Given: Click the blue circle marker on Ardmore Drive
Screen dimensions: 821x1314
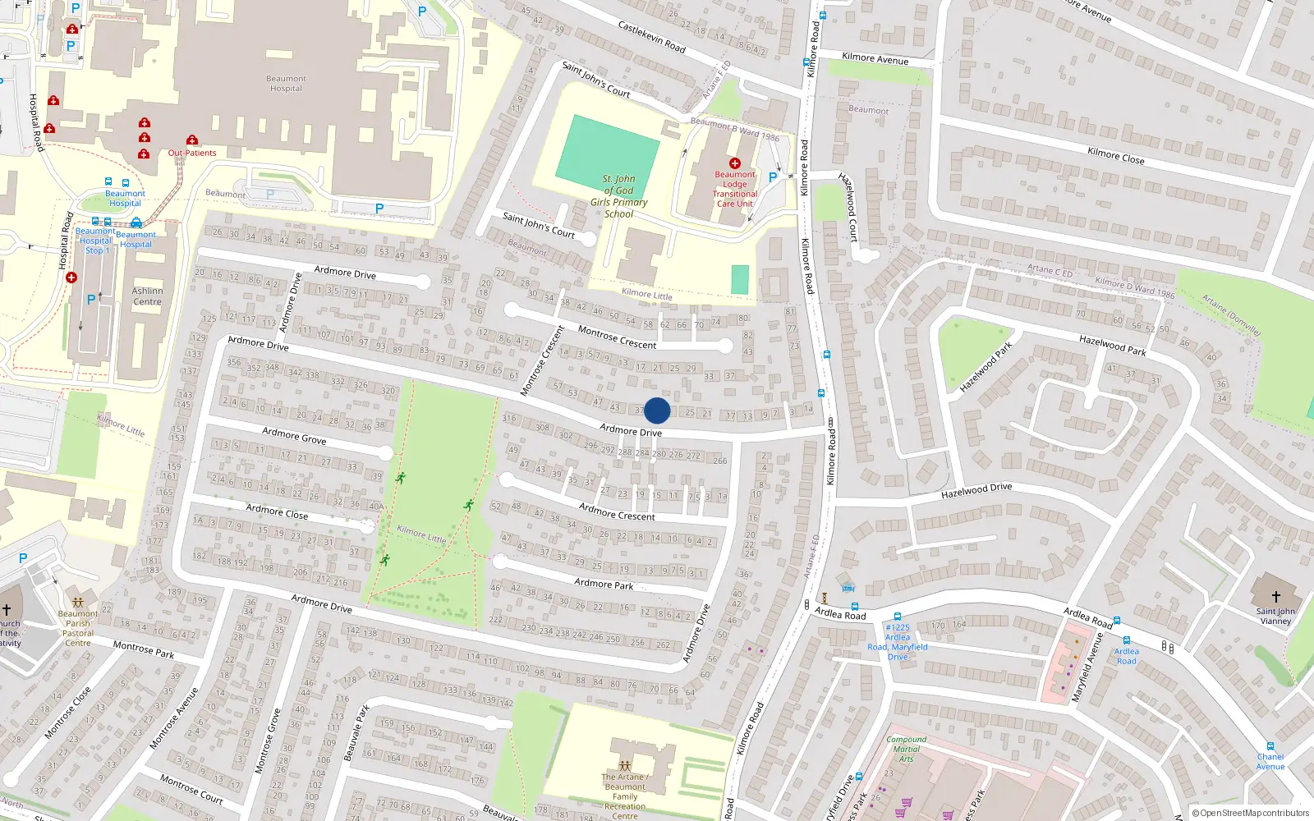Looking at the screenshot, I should pyautogui.click(x=657, y=410).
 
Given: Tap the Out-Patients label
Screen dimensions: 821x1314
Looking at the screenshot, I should pyautogui.click(x=192, y=153).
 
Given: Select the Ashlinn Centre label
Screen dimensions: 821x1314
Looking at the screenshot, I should pyautogui.click(x=148, y=296).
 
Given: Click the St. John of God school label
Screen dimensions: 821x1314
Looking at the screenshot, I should pyautogui.click(x=619, y=196).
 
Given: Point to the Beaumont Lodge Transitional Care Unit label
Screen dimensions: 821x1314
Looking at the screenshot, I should pyautogui.click(x=735, y=190).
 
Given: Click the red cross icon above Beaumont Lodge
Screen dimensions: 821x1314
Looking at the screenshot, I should pyautogui.click(x=735, y=163).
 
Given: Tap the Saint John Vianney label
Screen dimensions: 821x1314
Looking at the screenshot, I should pyautogui.click(x=1275, y=616).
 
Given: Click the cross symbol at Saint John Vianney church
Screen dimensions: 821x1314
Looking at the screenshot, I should pyautogui.click(x=1276, y=597).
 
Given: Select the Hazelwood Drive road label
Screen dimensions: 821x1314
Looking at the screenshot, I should pyautogui.click(x=976, y=491).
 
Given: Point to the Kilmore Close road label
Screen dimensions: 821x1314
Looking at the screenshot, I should pyautogui.click(x=1115, y=155).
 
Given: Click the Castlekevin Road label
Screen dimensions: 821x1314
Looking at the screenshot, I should pyautogui.click(x=651, y=37).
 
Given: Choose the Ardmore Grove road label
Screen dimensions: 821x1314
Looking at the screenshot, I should pyautogui.click(x=294, y=436).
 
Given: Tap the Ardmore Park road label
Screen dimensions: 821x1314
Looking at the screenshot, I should pyautogui.click(x=604, y=584).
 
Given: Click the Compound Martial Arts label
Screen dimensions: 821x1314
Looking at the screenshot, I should pyautogui.click(x=906, y=749).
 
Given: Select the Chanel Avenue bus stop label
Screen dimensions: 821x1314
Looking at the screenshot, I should pyautogui.click(x=1270, y=762).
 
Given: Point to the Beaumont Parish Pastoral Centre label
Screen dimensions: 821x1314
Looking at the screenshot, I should pyautogui.click(x=78, y=628).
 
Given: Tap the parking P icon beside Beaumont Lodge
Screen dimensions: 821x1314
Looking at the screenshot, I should pyautogui.click(x=773, y=177).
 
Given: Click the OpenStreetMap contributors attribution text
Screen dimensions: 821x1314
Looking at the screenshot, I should pyautogui.click(x=1254, y=813).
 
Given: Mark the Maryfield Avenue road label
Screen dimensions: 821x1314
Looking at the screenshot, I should pyautogui.click(x=1086, y=667).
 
